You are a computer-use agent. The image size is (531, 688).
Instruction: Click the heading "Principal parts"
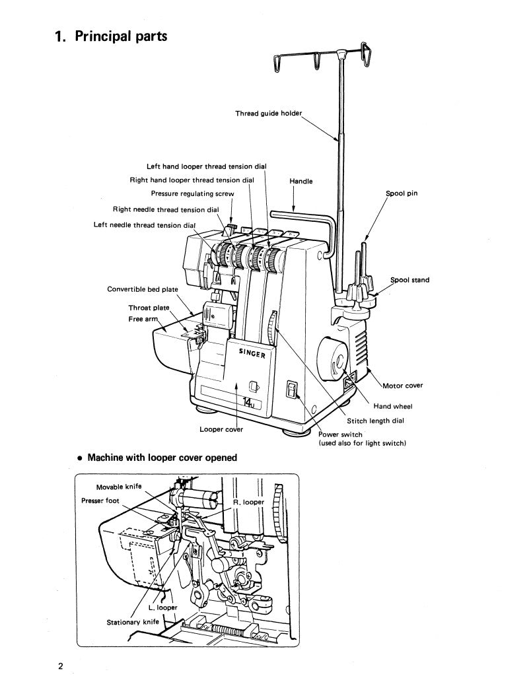click(111, 36)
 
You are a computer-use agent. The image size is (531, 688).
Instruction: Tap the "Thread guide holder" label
click(268, 114)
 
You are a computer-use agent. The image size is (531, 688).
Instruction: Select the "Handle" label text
click(301, 182)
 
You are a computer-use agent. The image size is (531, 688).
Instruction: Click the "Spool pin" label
click(402, 193)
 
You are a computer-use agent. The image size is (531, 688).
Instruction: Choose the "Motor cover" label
click(403, 386)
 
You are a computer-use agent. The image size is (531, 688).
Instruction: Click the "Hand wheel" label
click(393, 407)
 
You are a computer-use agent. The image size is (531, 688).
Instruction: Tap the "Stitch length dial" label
click(375, 421)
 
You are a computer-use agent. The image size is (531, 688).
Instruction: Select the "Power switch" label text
click(340, 434)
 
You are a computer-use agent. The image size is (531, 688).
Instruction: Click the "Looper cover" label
click(221, 430)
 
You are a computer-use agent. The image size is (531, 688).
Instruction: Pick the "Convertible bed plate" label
click(143, 289)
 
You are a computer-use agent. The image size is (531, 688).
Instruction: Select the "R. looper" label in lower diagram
click(248, 502)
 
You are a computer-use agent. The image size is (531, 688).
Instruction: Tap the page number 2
click(59, 666)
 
